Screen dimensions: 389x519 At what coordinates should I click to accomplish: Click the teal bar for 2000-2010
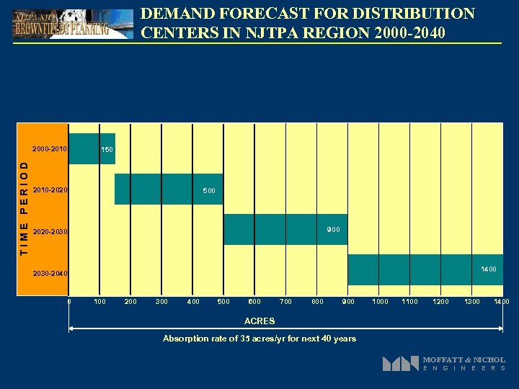[x=84, y=149]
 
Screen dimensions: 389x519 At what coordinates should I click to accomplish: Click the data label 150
[x=107, y=150]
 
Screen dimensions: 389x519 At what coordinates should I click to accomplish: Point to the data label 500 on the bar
[x=209, y=190]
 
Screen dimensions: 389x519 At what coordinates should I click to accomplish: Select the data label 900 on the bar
[x=333, y=230]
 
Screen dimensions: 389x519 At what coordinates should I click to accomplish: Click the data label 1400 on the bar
[x=489, y=269]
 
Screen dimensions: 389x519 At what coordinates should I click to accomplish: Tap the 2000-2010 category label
[x=50, y=150]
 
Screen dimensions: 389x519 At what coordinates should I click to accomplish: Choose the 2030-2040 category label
[x=50, y=274]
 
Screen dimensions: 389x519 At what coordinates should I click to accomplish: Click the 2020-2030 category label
[x=50, y=232]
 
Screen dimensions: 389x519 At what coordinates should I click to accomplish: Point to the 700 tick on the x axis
[x=285, y=302]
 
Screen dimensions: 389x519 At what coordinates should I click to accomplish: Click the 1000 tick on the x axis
[x=379, y=302]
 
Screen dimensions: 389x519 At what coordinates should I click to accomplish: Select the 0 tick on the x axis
[x=69, y=302]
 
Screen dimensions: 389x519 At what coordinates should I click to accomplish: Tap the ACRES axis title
[x=259, y=321]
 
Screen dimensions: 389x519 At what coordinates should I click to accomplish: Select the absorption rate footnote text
[x=259, y=339]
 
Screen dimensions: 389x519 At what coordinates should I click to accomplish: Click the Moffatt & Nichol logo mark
[x=401, y=364]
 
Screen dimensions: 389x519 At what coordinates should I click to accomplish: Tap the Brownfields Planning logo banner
[x=72, y=24]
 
